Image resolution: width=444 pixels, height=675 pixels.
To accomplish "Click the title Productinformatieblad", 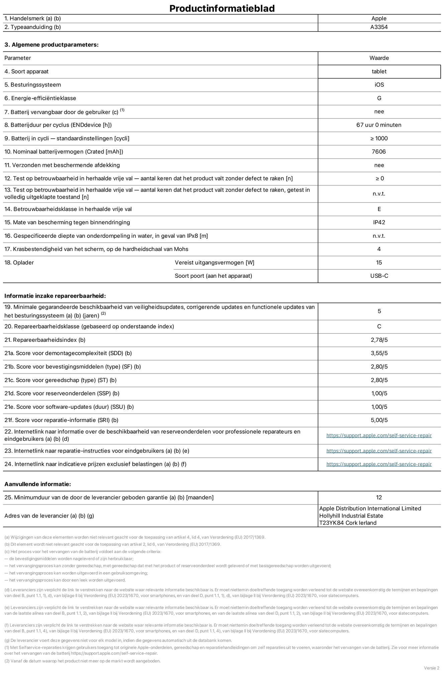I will (222, 8).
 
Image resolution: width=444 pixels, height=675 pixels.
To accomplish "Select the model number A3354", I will (379, 27).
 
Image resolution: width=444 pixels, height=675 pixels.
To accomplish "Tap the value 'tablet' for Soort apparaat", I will (379, 71).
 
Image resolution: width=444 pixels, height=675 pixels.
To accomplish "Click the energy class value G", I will (379, 98).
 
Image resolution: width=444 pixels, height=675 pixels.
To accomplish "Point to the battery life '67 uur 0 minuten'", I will (379, 125).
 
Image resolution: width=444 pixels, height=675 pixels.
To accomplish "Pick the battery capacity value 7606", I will (379, 152).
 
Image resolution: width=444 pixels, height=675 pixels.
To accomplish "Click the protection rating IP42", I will (379, 222).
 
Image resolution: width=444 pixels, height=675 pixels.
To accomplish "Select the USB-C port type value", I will (379, 276).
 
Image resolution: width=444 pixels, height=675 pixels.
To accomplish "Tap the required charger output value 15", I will (379, 262).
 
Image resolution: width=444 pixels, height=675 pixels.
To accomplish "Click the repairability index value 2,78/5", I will (379, 340).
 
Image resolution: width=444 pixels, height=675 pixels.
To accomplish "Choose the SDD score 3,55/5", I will (379, 353).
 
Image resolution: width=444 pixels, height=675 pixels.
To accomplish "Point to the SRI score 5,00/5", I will (379, 420).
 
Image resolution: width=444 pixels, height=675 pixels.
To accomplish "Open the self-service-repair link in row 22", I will (379, 435).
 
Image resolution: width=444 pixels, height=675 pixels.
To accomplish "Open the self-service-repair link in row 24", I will (379, 464).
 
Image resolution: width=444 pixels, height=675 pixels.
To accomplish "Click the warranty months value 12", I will (379, 497).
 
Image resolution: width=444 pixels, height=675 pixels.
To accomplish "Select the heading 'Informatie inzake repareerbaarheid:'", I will (55, 296).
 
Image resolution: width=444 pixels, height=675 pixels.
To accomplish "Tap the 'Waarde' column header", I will (379, 58).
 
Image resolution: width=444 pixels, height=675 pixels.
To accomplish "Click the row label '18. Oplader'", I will (19, 262).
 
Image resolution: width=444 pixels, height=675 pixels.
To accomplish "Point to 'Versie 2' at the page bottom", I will (431, 668).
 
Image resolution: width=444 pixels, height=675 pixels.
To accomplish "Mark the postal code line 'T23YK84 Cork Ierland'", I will (348, 523).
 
